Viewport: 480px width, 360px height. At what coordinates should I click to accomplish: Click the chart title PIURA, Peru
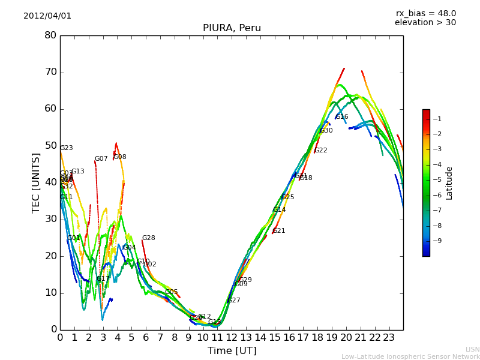[x=232, y=28]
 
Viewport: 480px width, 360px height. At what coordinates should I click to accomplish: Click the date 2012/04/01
[x=47, y=16]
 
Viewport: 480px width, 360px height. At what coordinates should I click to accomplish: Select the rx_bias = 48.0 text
[x=425, y=14]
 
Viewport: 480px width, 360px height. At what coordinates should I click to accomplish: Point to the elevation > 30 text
[x=425, y=23]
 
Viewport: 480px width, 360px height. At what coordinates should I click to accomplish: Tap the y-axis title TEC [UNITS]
[x=37, y=182]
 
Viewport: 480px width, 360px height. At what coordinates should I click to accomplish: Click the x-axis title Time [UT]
[x=232, y=351]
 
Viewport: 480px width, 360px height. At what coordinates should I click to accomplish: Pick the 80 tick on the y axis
[x=50, y=35]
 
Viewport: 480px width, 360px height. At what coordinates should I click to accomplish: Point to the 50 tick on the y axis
[x=50, y=146]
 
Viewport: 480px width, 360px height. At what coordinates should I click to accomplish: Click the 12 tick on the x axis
[x=232, y=337]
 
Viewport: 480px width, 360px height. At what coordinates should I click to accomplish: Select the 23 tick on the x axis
[x=389, y=337]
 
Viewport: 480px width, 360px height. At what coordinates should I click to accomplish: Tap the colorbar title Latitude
[x=449, y=183]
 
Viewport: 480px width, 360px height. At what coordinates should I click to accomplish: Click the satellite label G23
[x=66, y=148]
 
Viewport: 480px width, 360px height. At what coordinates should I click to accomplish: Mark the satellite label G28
[x=148, y=238]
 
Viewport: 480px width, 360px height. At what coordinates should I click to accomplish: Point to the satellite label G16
[x=341, y=117]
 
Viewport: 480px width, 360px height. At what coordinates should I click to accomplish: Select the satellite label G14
[x=279, y=210]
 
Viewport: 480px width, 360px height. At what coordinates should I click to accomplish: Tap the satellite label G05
[x=171, y=292]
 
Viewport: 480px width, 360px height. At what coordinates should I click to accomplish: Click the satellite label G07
[x=101, y=159]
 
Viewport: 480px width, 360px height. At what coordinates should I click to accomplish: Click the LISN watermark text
[x=472, y=349]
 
